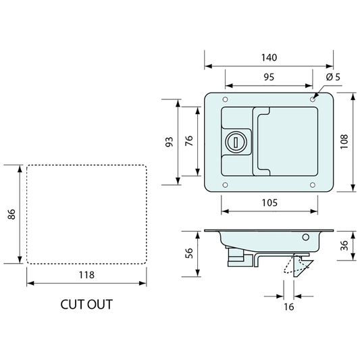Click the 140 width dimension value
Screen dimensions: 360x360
[x=269, y=57]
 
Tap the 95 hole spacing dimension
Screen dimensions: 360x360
[x=269, y=77]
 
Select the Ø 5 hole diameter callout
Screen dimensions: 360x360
[x=333, y=77]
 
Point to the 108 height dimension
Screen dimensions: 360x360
[x=344, y=142]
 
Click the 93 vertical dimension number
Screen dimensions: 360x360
[x=170, y=142]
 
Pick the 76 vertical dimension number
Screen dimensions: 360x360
[x=188, y=140]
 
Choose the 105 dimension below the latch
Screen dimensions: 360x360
[x=269, y=203]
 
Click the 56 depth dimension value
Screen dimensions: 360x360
[x=188, y=253]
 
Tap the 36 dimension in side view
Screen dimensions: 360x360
[x=344, y=245]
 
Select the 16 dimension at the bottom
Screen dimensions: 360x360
[x=288, y=307]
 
